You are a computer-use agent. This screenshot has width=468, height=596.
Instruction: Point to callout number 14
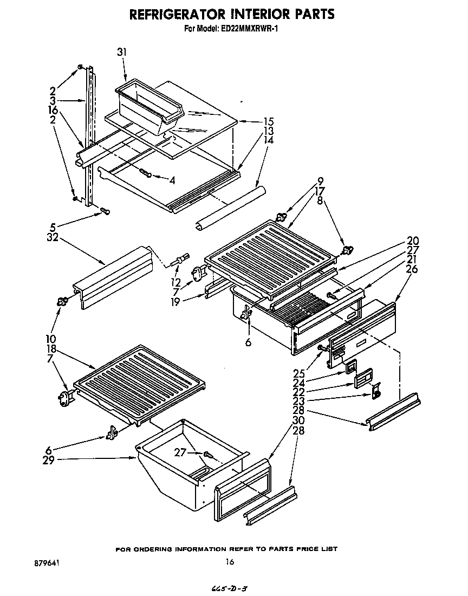pos(268,140)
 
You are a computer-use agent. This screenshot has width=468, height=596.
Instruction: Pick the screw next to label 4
pos(146,173)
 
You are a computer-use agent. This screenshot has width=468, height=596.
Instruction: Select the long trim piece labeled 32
pos(112,275)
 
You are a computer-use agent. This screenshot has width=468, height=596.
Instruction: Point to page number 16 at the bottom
pos(230,562)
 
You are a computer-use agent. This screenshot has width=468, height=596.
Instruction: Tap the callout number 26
pos(412,269)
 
